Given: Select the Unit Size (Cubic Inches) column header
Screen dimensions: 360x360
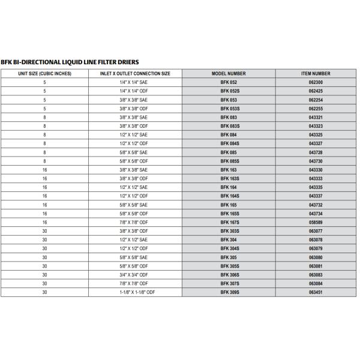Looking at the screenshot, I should [x=45, y=74].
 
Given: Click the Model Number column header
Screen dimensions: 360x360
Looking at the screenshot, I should [x=229, y=74].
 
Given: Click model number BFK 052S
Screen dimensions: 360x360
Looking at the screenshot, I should [x=229, y=91].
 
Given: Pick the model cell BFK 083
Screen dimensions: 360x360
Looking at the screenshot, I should [x=229, y=118].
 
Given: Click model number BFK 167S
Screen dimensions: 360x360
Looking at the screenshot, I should [x=229, y=222].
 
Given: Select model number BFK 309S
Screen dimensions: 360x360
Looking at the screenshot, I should [x=229, y=292].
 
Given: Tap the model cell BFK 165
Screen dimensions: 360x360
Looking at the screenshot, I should [x=229, y=205].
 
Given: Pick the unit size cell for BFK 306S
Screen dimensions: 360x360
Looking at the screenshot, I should [x=45, y=274].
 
